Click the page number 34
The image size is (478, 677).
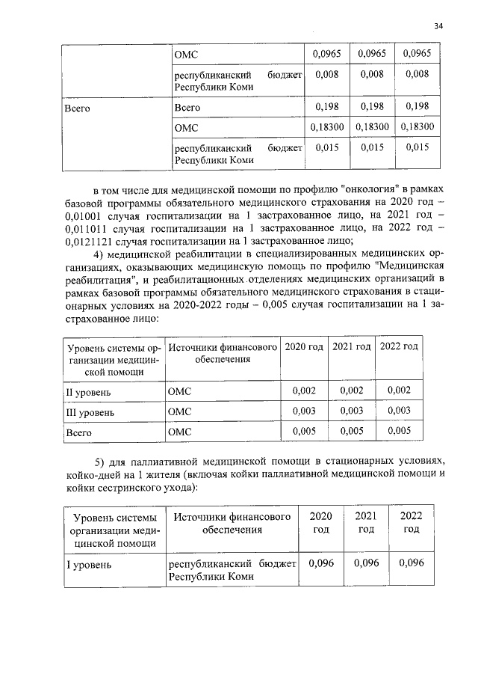pos(438,27)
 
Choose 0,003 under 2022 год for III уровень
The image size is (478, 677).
pos(400,411)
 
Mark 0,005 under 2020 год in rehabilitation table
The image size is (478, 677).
pos(304,431)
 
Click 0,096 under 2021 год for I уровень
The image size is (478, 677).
pos(366,563)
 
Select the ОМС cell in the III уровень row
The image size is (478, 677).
pos(180,411)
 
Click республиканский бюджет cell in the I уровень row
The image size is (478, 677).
pos(232,570)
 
